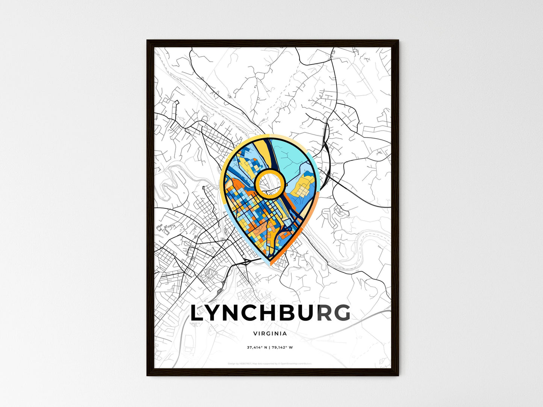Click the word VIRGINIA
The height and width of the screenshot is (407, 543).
[270, 333]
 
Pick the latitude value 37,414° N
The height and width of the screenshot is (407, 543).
[257, 347]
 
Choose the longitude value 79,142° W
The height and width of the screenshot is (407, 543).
[282, 347]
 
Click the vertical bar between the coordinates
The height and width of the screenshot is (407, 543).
[269, 347]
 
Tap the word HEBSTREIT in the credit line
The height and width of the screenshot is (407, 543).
[246, 363]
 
